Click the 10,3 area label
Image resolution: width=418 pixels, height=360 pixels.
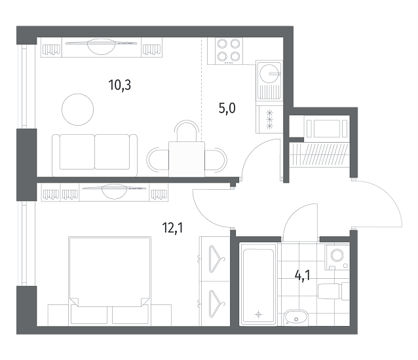click(120, 85)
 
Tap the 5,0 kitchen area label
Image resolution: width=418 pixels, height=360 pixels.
click(227, 109)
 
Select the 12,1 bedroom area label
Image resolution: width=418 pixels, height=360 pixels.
click(172, 228)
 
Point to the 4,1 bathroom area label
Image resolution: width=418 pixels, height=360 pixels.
click(303, 276)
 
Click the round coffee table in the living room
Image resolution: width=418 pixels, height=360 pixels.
click(77, 109)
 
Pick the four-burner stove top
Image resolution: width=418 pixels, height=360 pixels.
click(225, 51)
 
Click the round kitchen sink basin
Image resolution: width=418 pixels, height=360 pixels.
click(269, 73)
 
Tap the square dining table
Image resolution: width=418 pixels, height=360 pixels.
click(187, 159)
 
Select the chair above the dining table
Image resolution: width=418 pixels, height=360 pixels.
click(187, 130)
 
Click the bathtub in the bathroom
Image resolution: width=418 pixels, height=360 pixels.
click(258, 284)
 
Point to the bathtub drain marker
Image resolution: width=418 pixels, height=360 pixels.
click(258, 314)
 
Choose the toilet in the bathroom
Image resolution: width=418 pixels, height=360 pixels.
click(333, 291)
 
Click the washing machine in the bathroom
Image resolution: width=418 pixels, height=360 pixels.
click(337, 257)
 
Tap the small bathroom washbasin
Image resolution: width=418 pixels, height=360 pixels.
click(295, 317)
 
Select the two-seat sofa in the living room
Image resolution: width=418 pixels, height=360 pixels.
click(94, 155)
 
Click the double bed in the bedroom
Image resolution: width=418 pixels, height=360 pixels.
click(109, 281)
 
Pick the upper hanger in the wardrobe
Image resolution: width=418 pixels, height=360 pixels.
click(217, 259)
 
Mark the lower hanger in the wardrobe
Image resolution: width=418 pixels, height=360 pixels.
click(217, 304)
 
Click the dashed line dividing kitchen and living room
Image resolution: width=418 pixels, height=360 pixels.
click(202, 90)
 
